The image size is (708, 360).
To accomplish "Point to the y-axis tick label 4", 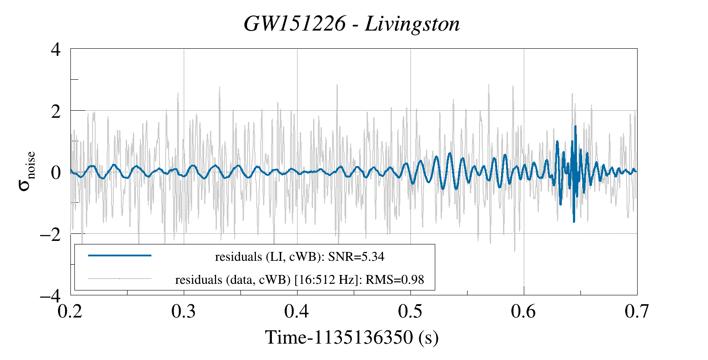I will [55, 49].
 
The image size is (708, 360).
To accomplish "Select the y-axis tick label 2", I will [55, 111].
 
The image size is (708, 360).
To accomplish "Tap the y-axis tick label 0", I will [55, 173].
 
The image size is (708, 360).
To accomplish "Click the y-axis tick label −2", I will [50, 234].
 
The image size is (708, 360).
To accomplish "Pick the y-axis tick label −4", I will [50, 295].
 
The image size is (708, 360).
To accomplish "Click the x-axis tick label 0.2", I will [71, 312].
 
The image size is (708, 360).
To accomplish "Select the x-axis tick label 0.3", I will [184, 312].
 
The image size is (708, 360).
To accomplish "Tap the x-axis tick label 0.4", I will [297, 312].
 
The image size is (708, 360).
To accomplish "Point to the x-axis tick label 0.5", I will [410, 312].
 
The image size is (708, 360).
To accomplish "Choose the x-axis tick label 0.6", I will [524, 312].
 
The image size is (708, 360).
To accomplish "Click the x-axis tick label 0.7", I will [637, 312].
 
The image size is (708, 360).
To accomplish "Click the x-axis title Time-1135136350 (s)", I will [352, 337].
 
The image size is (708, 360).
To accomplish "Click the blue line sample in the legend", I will [120, 255].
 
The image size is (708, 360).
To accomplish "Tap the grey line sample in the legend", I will [120, 279].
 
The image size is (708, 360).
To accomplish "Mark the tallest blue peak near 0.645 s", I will [575, 127].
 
